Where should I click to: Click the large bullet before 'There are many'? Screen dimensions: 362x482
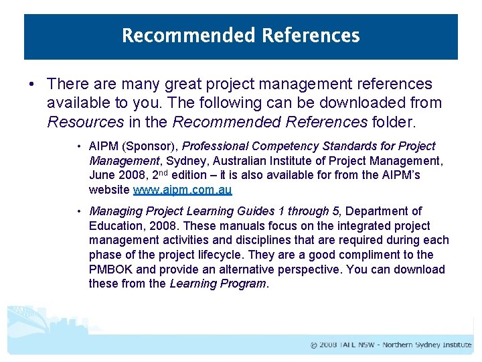click(x=32, y=84)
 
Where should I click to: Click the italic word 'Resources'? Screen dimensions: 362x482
click(x=85, y=123)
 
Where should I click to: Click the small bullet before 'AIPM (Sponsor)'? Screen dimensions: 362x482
click(x=78, y=147)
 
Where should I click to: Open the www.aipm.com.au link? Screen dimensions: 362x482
click(x=182, y=190)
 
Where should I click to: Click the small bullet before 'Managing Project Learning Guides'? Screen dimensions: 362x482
click(x=78, y=212)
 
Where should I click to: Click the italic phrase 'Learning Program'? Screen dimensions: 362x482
click(x=218, y=284)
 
